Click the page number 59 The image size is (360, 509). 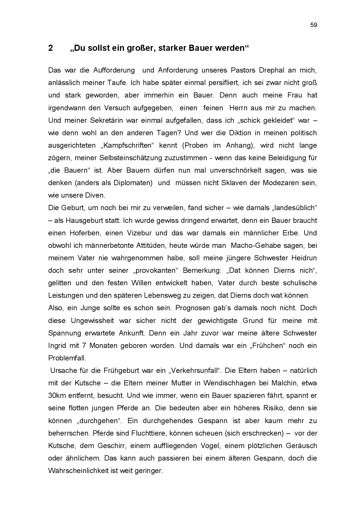pyautogui.click(x=314, y=25)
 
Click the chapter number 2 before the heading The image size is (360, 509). pyautogui.click(x=51, y=48)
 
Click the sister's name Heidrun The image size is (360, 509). pyautogui.click(x=304, y=258)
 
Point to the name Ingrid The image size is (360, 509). pyautogui.click(x=57, y=346)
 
